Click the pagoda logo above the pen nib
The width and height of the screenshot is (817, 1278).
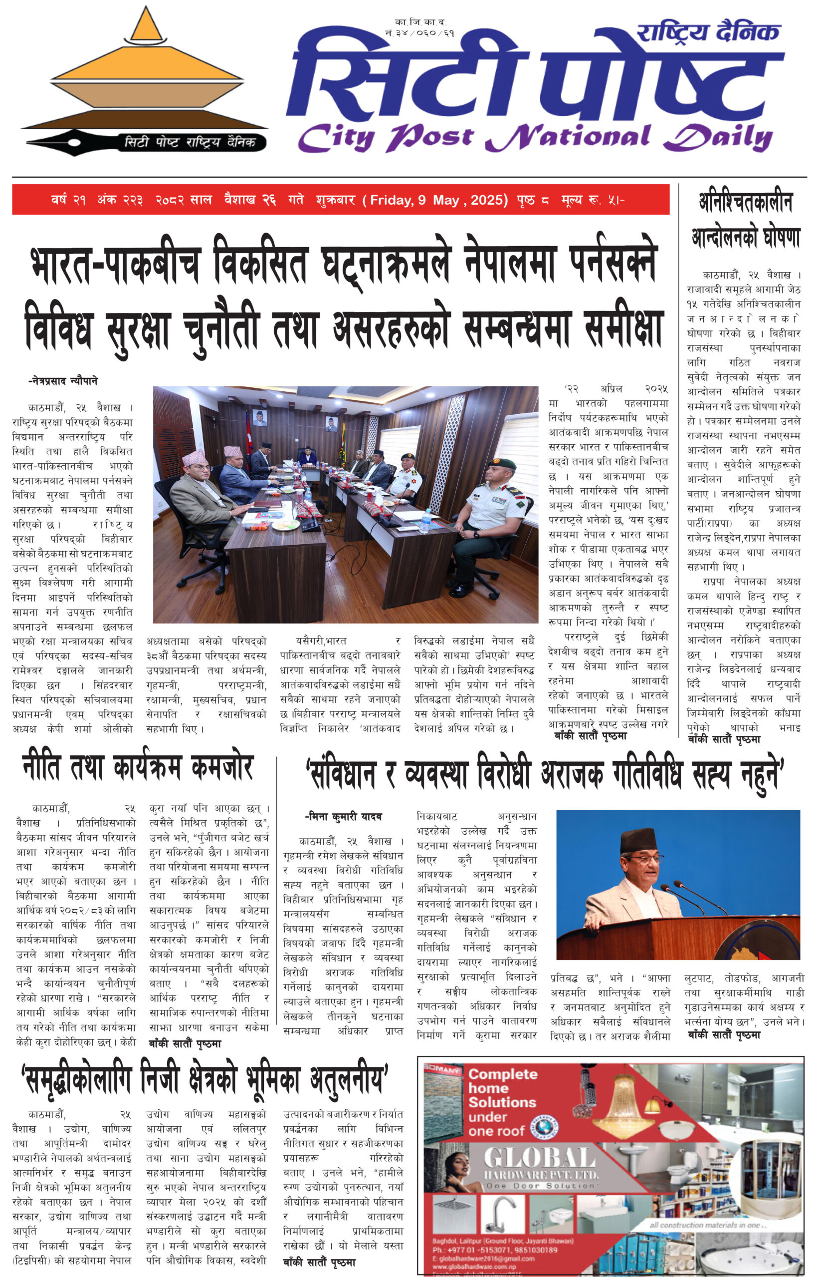point(144,69)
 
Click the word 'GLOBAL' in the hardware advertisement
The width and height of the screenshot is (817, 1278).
point(539,1158)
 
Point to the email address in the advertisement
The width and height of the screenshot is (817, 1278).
point(483,1259)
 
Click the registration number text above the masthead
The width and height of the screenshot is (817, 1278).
point(419,27)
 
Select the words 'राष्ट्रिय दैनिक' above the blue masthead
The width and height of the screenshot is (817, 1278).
point(708,33)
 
